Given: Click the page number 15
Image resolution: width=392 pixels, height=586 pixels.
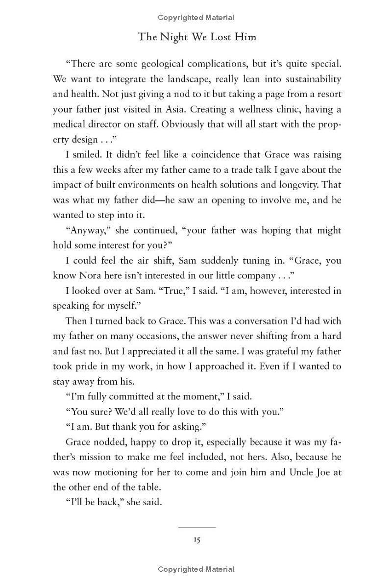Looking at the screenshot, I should click(196, 539).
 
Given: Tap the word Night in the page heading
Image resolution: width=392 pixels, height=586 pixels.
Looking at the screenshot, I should click(172, 37).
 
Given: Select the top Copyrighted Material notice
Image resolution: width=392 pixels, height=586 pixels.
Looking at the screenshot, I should click(196, 18).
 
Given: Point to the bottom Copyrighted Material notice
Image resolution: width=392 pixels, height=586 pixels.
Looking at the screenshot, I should click(196, 569).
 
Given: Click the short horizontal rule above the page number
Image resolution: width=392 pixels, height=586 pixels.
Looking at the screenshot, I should click(196, 527).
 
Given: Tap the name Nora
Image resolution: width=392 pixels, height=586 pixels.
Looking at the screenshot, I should click(89, 275).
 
